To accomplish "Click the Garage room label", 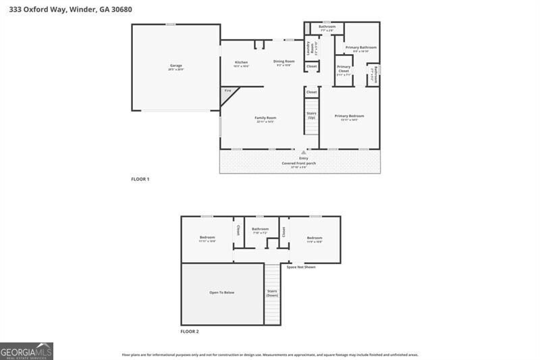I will pos(175,66).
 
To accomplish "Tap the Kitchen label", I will pos(241,62).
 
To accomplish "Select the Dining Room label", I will pos(283,61).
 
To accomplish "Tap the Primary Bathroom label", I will pos(361,47).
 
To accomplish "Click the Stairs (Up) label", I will pos(311,115).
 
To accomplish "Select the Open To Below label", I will pos(221,292).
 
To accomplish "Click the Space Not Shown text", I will pos(300,267).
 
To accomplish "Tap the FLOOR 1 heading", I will pos(140,179).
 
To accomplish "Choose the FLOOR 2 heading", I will pos(190,332).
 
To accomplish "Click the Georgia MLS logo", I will pos(26,351).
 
